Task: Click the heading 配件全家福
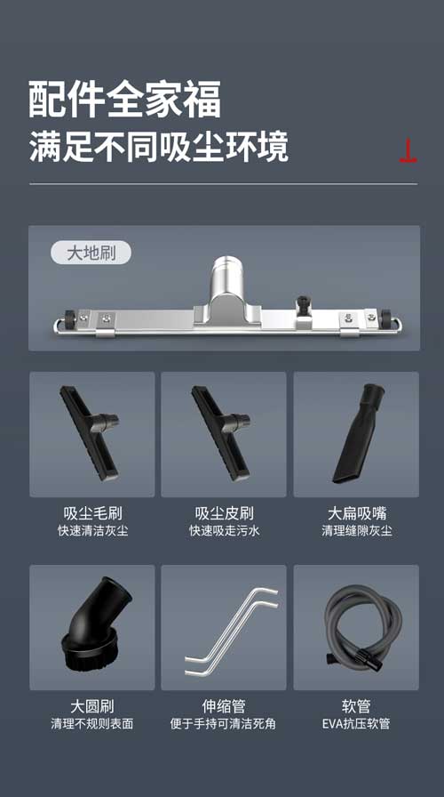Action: click(x=124, y=100)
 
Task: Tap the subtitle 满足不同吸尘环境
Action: click(x=159, y=146)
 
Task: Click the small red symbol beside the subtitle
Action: click(x=408, y=152)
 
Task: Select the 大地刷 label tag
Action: click(x=91, y=253)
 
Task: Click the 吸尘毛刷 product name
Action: click(x=91, y=513)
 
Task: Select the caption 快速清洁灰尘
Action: click(x=91, y=531)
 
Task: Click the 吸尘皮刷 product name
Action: click(x=224, y=513)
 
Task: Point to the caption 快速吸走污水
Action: click(x=224, y=531)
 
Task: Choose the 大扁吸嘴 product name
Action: click(x=356, y=513)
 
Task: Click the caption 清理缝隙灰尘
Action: click(x=356, y=531)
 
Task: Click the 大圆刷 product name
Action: click(x=91, y=706)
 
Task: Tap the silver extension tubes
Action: click(x=229, y=628)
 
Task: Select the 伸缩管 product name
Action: click(x=224, y=706)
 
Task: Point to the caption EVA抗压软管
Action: click(x=356, y=724)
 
